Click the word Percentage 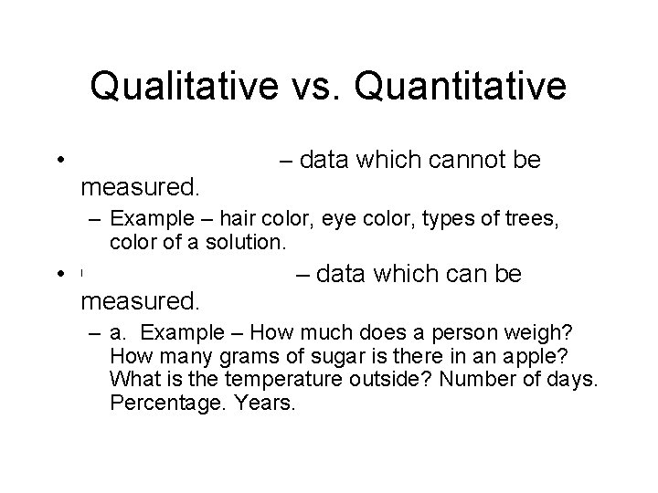click(157, 401)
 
